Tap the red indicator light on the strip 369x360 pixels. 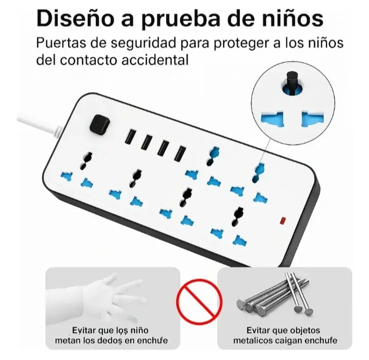[282, 220]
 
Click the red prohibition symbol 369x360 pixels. [199, 302]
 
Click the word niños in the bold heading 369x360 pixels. [293, 18]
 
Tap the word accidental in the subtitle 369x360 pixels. [155, 60]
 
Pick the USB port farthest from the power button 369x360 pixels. [180, 154]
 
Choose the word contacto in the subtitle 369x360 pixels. [89, 61]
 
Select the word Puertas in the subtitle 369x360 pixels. [60, 43]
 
